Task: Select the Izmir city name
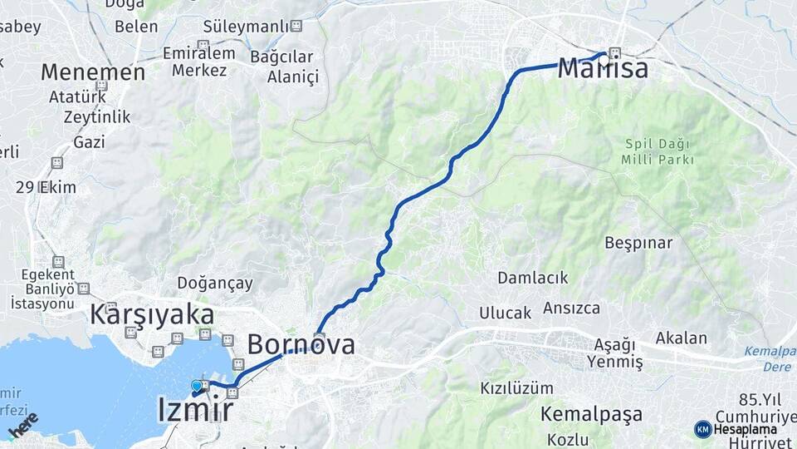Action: tap(195, 410)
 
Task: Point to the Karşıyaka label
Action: tap(151, 314)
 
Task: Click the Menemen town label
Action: tap(93, 72)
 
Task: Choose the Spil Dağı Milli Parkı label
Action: tap(658, 151)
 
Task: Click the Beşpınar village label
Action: tap(638, 243)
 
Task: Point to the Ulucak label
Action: tap(504, 313)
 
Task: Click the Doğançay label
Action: tap(215, 284)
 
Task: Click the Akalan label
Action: tap(681, 338)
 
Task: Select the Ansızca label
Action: tap(571, 308)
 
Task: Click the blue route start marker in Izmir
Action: tap(197, 386)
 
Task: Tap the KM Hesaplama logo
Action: tap(736, 429)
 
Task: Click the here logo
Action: tap(22, 424)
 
